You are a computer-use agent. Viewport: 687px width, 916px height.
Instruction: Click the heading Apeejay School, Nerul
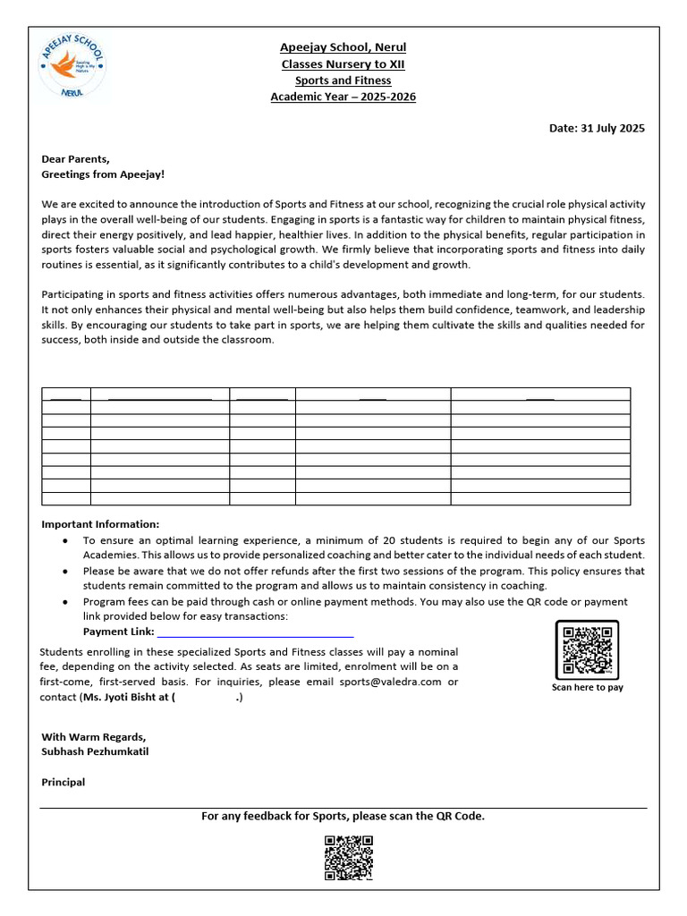point(343,47)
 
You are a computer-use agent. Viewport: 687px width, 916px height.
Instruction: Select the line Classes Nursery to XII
point(343,64)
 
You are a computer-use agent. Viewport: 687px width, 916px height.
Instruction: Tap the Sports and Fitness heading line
point(343,81)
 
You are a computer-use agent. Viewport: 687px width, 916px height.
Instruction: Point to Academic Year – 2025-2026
point(343,97)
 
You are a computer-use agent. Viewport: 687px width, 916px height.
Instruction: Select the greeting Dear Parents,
point(76,158)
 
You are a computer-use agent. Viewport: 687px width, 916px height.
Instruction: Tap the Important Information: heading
point(101,524)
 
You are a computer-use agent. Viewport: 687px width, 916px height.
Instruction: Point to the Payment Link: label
point(118,632)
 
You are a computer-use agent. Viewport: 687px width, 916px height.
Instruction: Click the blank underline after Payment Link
point(256,633)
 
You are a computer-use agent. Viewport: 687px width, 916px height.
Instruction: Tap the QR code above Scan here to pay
point(587,649)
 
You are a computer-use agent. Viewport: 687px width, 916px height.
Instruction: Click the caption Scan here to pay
point(588,687)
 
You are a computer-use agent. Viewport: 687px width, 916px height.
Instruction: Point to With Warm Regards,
point(94,736)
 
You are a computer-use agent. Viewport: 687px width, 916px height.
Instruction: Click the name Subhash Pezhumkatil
point(96,751)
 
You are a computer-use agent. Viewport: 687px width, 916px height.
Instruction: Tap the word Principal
point(64,782)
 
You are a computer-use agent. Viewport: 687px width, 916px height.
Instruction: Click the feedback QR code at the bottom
point(348,857)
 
